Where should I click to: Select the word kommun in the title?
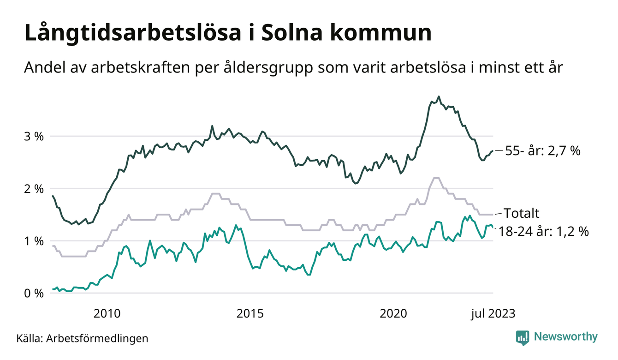[x=389, y=34]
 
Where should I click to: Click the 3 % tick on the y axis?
[x=34, y=137]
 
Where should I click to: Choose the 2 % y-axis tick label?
[x=34, y=189]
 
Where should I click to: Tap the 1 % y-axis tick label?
[x=34, y=241]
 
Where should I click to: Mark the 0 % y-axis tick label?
[x=34, y=293]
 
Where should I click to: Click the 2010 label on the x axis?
[x=107, y=314]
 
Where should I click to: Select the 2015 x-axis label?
[x=250, y=314]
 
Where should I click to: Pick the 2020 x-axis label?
[x=393, y=314]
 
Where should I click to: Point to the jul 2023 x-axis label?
[x=493, y=314]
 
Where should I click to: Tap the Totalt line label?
[x=522, y=213]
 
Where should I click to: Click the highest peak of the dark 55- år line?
[x=439, y=96]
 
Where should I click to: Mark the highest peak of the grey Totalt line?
[x=436, y=178]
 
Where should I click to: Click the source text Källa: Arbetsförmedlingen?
[x=83, y=338]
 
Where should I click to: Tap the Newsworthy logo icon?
[x=523, y=337]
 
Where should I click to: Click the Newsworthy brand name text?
[x=565, y=337]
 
